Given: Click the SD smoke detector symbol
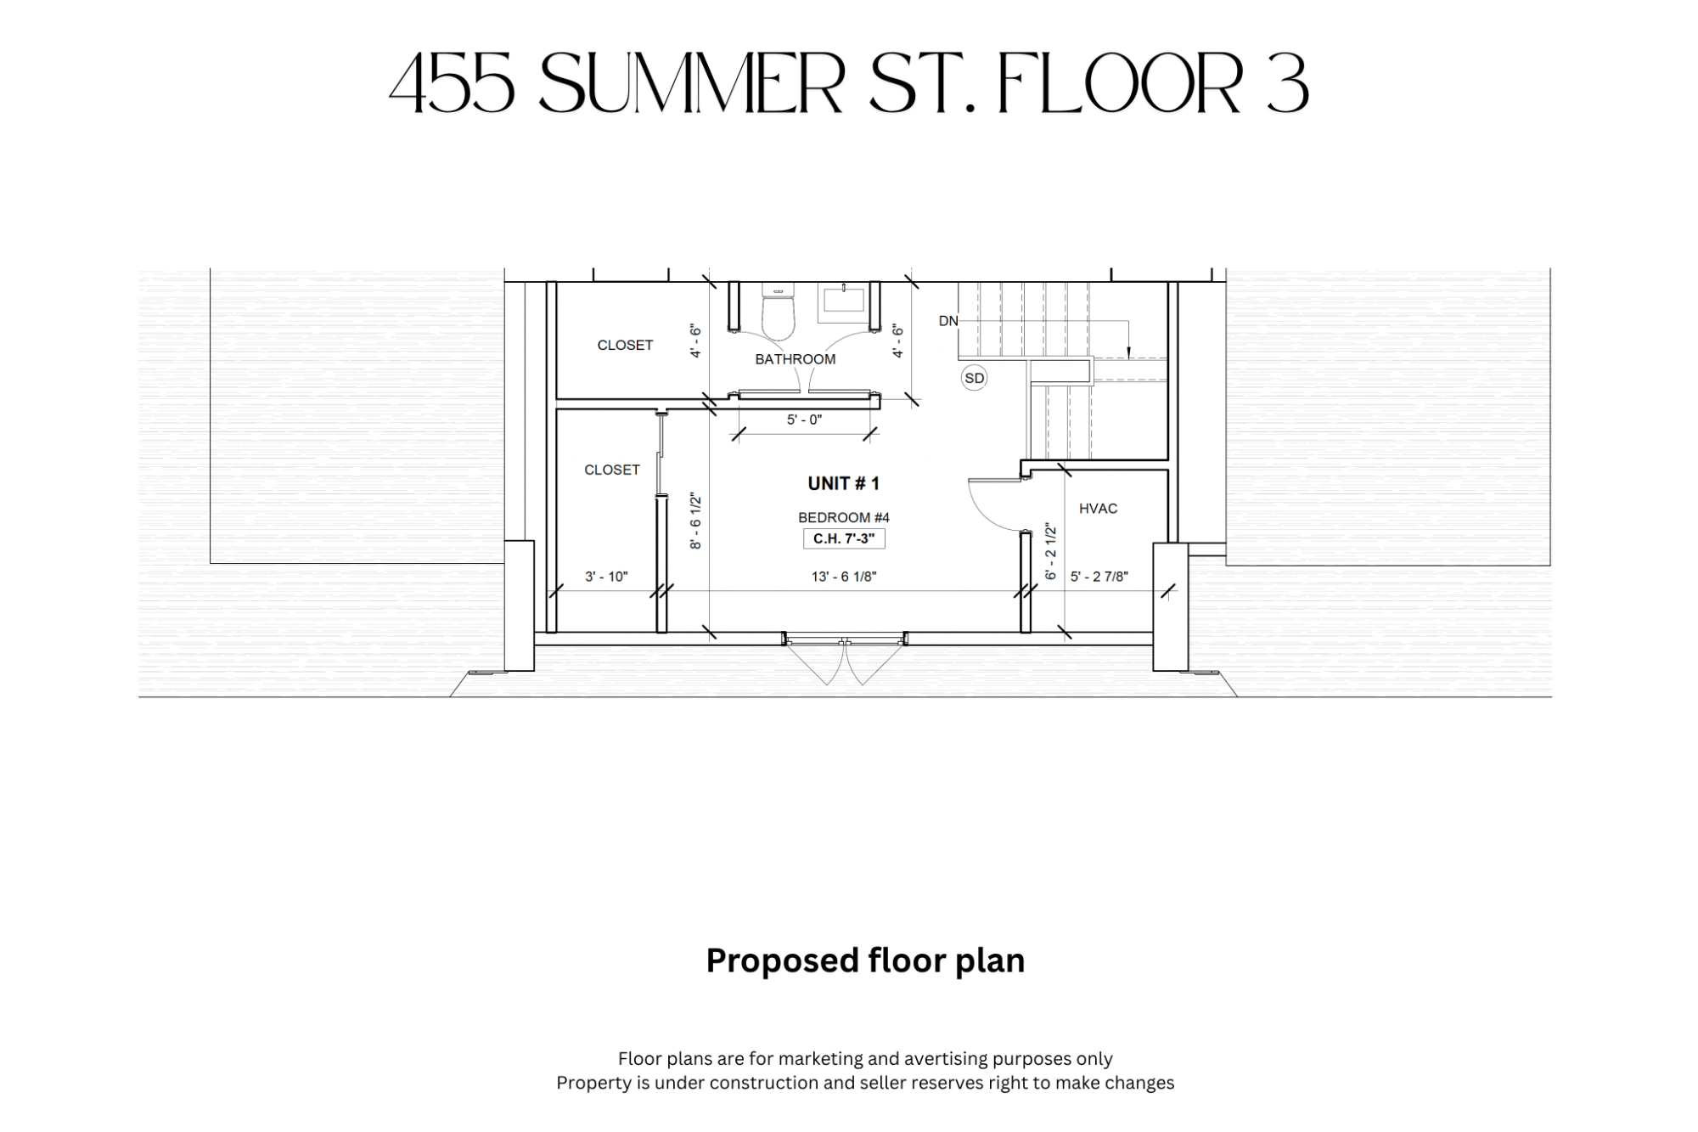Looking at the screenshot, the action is [x=974, y=378].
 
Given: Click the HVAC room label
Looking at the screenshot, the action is [x=1098, y=509].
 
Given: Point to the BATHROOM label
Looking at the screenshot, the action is [x=796, y=359].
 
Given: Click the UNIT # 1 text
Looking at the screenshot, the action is [x=843, y=483].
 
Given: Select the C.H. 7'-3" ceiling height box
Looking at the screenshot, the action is [x=844, y=538].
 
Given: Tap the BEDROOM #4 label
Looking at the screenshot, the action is [x=844, y=517].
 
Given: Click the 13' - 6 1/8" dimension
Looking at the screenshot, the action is [x=844, y=577].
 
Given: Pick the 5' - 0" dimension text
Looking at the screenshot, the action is [x=804, y=420].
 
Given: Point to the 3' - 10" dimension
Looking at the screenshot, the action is [x=606, y=577].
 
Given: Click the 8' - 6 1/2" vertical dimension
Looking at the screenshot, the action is [x=696, y=521].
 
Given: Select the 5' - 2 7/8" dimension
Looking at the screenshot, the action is [x=1099, y=577].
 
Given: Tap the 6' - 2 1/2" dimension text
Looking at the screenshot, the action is [x=1051, y=552].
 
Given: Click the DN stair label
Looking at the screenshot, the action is [x=948, y=321].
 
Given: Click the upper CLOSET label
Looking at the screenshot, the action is [x=625, y=345].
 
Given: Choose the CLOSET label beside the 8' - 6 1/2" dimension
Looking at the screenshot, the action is [x=611, y=470].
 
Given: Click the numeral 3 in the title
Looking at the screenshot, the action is [x=1287, y=85].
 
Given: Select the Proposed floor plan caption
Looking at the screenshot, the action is [x=865, y=961].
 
